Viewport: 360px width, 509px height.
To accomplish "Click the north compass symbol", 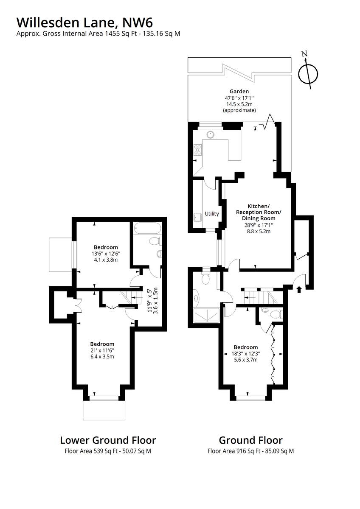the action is pos(308,74).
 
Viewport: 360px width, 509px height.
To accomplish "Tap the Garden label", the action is pos(239,91).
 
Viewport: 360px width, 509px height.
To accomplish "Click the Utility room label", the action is pos(212,214).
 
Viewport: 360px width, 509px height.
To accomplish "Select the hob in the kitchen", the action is pos(197,150).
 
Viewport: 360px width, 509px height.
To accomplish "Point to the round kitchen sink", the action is pos(211,135).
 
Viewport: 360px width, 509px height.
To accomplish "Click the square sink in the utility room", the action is pos(197,218).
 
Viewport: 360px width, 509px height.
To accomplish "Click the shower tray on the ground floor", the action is pos(206,315).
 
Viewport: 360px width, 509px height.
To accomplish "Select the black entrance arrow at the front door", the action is pos(299,289).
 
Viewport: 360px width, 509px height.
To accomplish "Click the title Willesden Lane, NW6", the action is pos(84,22).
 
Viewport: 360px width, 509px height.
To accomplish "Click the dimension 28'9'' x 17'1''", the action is pos(258,225).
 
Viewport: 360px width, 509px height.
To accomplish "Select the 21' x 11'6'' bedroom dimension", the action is pos(102,350).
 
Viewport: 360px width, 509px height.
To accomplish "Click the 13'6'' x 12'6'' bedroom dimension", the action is pos(106,253).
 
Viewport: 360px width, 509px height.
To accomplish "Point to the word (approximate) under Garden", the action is pos(239,110).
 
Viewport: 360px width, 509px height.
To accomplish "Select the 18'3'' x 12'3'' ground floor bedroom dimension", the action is pos(246,353).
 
